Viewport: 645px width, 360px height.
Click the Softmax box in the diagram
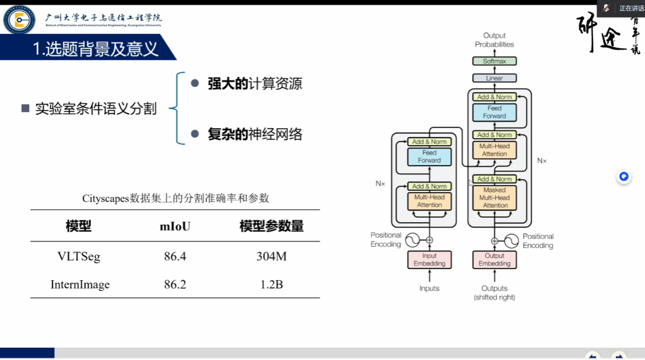495,61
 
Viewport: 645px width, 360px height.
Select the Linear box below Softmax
495,78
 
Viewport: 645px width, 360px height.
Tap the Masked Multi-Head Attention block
495,198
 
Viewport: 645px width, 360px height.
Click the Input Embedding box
429,260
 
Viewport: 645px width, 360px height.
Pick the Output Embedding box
495,260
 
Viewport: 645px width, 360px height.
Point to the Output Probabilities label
495,40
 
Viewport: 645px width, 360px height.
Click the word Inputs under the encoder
429,288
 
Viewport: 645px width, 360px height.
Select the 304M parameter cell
272,256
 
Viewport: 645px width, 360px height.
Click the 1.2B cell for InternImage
272,285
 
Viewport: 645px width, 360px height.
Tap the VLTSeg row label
79,256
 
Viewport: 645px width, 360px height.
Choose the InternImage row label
80,285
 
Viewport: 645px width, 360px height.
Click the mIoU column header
175,226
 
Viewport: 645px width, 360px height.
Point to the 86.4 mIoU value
175,256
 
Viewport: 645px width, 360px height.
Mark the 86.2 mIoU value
175,285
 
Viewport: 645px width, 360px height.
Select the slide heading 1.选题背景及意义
96,49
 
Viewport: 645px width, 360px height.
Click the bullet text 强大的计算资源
255,83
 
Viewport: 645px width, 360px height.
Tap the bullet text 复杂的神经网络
255,135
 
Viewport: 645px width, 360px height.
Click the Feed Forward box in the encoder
429,156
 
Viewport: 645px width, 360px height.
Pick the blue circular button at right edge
624,177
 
